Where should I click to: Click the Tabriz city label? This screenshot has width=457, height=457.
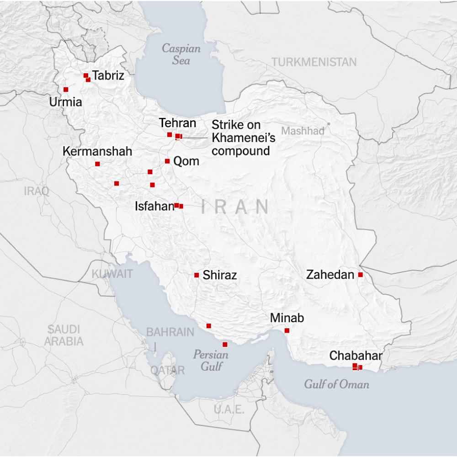point(108,75)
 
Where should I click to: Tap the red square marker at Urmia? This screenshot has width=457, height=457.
point(66,90)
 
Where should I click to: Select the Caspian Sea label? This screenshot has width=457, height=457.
point(181,54)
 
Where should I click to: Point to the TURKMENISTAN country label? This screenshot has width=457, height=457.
point(314,62)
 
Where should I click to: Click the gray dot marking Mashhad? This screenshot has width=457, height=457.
point(328,124)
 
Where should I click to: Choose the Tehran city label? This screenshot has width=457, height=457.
point(177,123)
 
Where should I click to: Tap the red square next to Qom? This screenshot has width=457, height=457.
point(167,161)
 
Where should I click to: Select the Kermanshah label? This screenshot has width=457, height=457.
point(97,151)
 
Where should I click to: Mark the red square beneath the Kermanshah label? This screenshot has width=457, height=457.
point(97,164)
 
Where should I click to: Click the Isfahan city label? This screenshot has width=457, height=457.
point(154,206)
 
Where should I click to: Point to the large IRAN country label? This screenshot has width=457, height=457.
point(235,207)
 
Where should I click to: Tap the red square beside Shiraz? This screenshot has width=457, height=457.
point(197,275)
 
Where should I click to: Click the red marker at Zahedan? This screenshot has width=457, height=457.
point(361,275)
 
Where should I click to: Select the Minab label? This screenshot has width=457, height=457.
point(287,318)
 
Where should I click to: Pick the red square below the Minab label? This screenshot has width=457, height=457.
point(287,330)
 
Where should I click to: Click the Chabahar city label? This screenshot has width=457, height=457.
point(356,356)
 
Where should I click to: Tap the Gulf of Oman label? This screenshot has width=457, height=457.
point(336,384)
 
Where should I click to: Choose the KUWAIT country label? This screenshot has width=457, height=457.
point(112,274)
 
